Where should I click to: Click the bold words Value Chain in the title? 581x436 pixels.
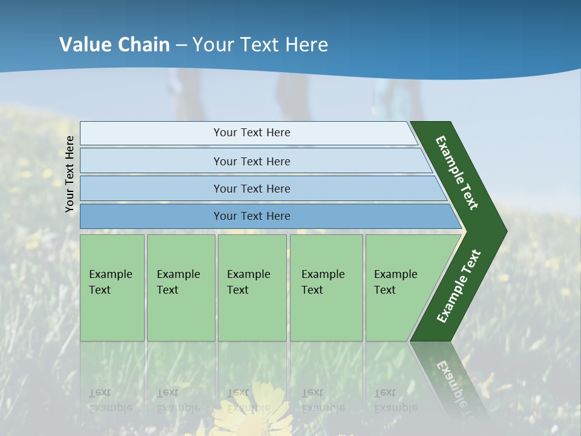coord(114,45)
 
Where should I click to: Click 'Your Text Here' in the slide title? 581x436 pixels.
coord(260,45)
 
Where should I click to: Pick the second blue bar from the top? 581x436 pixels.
coord(251,161)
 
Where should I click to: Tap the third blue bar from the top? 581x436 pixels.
coord(251,188)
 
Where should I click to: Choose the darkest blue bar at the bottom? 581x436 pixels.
coord(251,216)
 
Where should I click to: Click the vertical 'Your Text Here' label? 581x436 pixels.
coord(70,174)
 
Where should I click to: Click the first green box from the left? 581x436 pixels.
coord(112,288)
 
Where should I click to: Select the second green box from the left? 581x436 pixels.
coord(180,288)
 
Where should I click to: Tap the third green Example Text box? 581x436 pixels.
coord(252,288)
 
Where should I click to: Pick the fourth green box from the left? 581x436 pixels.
coord(326,288)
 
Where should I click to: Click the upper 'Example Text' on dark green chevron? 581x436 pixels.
coord(457,173)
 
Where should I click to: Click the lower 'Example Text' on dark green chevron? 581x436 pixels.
coord(458,286)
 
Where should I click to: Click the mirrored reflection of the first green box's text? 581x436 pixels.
coord(110,400)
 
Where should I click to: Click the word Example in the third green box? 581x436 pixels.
coord(248,274)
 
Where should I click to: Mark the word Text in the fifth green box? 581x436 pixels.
coord(385,290)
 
